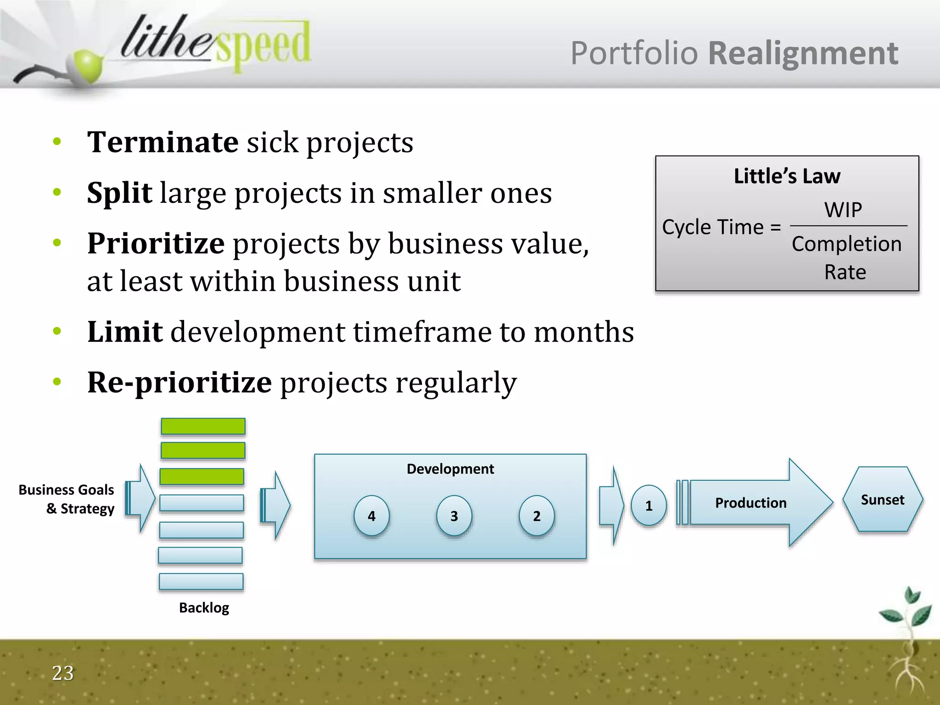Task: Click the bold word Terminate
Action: coord(162,142)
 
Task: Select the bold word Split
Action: coord(119,193)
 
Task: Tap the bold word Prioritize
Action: coord(156,243)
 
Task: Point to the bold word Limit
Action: coord(125,332)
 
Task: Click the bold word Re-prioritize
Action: coord(179,382)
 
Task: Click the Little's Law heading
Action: coord(787,176)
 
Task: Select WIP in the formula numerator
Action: coord(843,210)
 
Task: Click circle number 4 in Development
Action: coord(371,516)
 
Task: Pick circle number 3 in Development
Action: coord(454,516)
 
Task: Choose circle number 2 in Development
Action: coord(537,516)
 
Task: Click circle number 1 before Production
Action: coord(649,505)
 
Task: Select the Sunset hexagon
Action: coord(882,500)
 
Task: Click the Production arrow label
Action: coord(751,503)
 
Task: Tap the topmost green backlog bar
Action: coord(203,426)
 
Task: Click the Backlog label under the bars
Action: coord(204,608)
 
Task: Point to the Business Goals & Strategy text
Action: coord(67,499)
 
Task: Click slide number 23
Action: coord(63,673)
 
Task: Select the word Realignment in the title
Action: coord(803,53)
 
